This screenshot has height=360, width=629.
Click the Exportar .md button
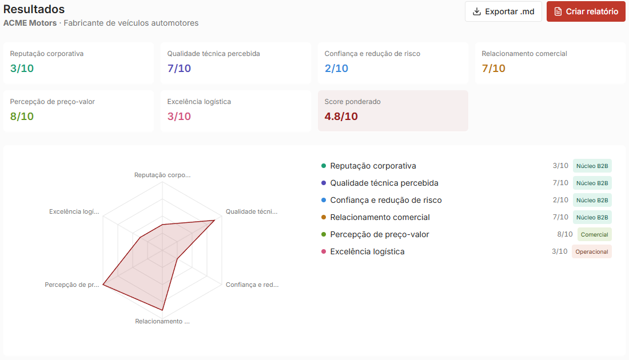503,11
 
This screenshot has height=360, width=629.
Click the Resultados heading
34,9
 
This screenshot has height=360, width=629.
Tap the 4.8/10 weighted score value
341,116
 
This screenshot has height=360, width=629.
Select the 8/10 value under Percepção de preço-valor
22,116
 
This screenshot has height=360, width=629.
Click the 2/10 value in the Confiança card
336,68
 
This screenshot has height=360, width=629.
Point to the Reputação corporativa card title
47,54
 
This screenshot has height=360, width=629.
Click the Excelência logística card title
199,102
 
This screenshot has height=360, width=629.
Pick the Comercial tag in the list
595,234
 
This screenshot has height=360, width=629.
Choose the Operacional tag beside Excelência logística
592,252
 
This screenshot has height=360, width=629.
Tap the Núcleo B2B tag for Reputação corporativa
592,166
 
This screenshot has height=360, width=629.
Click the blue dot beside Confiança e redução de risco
324,200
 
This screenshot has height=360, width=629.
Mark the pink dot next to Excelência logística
324,251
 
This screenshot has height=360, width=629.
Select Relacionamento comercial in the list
380,217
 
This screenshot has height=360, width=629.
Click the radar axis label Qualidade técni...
252,211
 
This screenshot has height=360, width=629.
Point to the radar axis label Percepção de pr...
72,285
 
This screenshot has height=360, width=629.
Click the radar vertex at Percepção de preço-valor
103,285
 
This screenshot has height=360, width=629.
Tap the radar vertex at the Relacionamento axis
162,310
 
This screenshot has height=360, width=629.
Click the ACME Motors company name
30,23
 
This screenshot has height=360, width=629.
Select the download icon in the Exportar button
476,11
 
